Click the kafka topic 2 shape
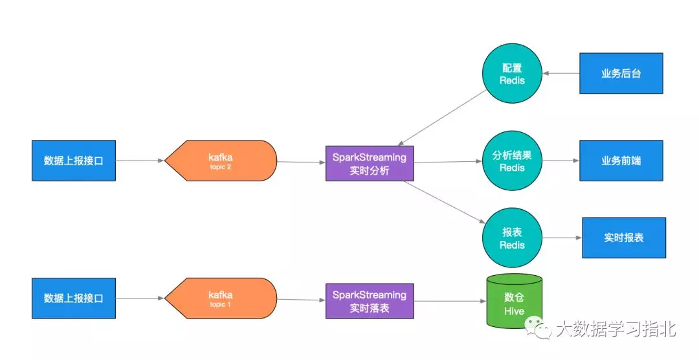(x=221, y=161)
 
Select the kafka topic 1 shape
(x=221, y=298)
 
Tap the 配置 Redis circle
(x=511, y=74)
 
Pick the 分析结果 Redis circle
(x=511, y=161)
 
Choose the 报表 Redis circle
(x=511, y=238)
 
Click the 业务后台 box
(x=621, y=74)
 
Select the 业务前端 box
(x=621, y=161)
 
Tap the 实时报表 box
(x=624, y=238)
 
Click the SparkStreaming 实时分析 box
(x=369, y=163)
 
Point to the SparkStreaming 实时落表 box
(x=369, y=300)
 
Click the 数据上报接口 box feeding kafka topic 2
(x=74, y=161)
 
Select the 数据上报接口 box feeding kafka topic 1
(x=74, y=298)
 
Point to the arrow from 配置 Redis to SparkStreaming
(x=443, y=117)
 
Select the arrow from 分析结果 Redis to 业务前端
(x=560, y=161)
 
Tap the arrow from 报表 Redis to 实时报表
(x=561, y=238)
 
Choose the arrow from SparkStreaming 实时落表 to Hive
(x=449, y=301)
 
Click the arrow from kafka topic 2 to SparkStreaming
(x=301, y=162)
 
